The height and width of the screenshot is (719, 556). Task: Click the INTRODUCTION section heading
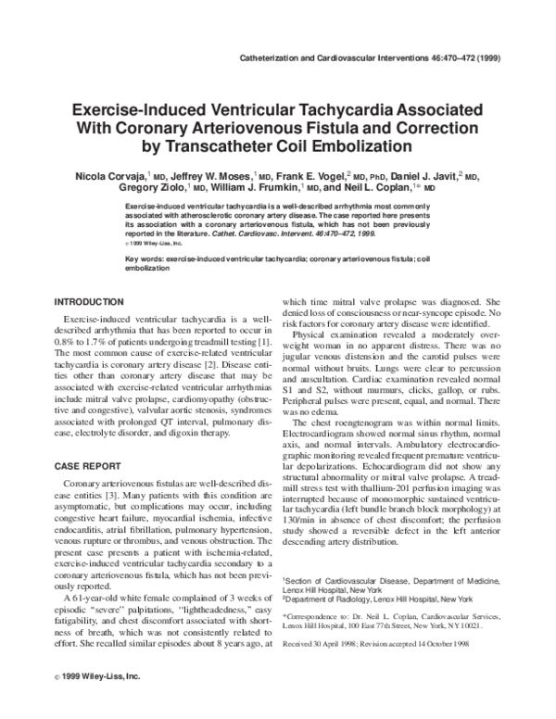point(89,302)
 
